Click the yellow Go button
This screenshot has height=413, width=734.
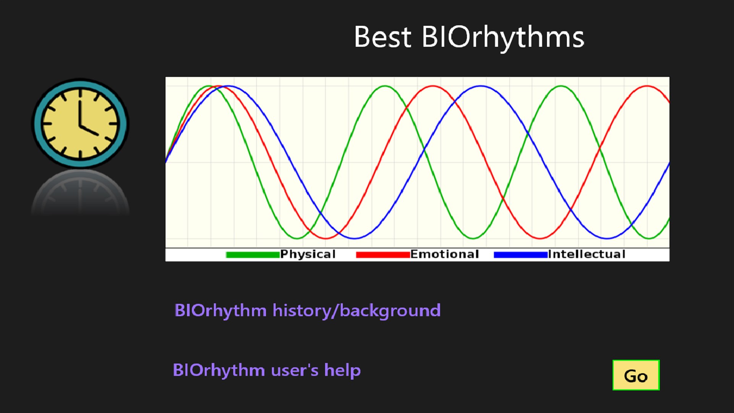pos(636,376)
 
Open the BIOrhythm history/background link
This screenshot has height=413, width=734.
pos(307,311)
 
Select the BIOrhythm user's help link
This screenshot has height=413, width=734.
pos(267,370)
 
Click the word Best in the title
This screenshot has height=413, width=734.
pos(382,37)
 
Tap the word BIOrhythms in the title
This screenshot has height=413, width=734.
pos(503,37)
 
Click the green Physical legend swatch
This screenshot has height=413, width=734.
pos(253,255)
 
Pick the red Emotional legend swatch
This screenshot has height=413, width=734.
pos(382,255)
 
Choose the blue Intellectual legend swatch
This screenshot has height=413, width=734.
pos(520,255)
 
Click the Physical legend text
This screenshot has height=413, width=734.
pos(308,254)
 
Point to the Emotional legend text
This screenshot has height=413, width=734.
pos(444,254)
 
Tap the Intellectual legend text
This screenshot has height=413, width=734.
pos(587,254)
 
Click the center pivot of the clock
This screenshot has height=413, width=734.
pos(81,125)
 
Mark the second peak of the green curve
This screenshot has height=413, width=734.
pos(385,86)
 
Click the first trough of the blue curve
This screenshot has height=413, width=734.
pos(355,239)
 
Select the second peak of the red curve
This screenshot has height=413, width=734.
pos(433,86)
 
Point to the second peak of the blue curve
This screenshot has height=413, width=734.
pos(481,86)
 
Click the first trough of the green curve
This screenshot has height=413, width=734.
pos(297,239)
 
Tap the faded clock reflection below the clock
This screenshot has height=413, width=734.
pos(80,193)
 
